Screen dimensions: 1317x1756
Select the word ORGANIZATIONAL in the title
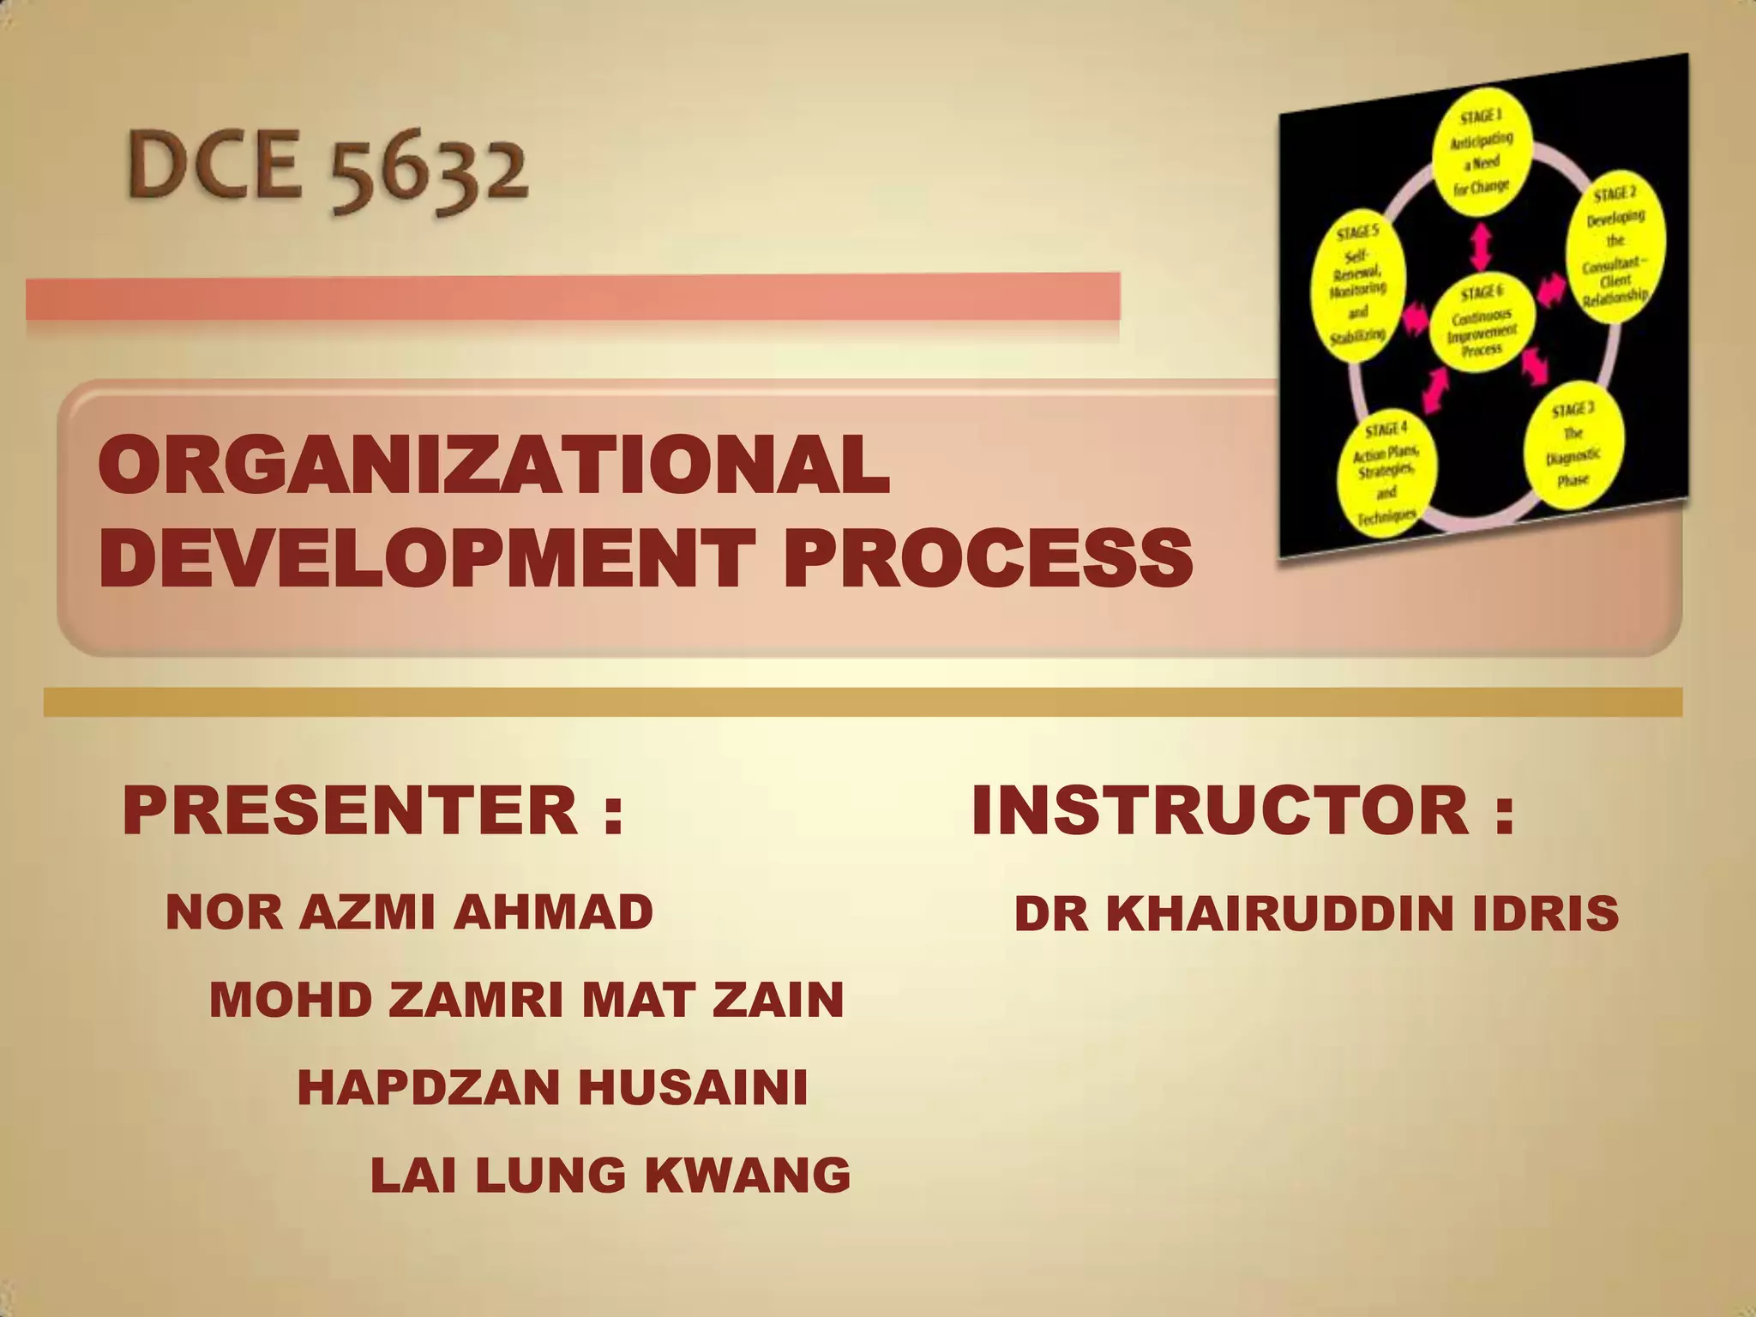pyautogui.click(x=494, y=466)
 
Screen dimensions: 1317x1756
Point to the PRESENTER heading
pyautogui.click(x=373, y=810)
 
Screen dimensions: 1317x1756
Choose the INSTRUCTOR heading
pyautogui.click(x=1242, y=810)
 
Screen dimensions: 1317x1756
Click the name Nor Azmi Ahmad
pyautogui.click(x=409, y=911)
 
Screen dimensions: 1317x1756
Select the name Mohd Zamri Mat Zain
pyautogui.click(x=526, y=1000)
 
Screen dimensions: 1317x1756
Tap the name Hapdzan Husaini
pyautogui.click(x=552, y=1087)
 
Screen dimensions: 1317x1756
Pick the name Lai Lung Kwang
pyautogui.click(x=610, y=1175)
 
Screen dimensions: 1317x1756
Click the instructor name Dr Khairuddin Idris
pyautogui.click(x=1316, y=914)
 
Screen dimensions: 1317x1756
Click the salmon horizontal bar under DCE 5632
pyautogui.click(x=573, y=296)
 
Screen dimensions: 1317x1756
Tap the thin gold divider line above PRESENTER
pyautogui.click(x=862, y=702)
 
